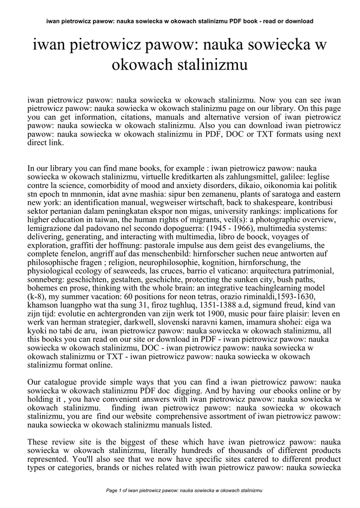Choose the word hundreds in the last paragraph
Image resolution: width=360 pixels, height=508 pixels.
(203, 450)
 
